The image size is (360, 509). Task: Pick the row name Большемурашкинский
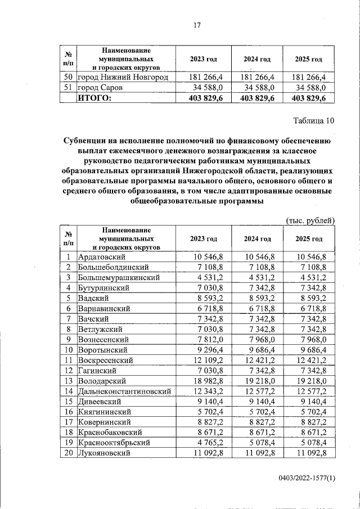119,277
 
